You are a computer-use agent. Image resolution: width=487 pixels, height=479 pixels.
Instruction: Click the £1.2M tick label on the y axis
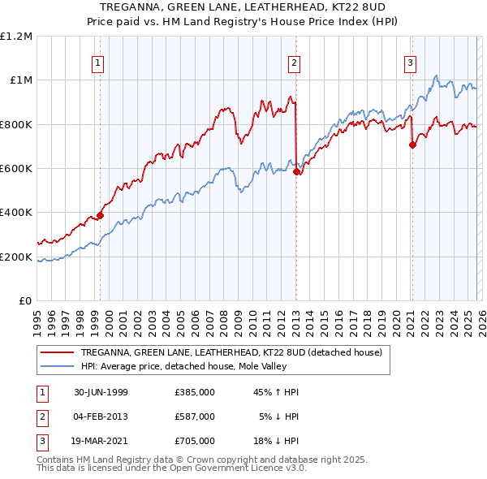click(16, 37)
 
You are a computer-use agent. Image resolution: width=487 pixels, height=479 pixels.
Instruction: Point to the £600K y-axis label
click(16, 169)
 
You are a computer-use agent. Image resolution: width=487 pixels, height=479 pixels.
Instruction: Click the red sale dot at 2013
click(296, 171)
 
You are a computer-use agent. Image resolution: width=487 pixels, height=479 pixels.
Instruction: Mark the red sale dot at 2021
click(412, 145)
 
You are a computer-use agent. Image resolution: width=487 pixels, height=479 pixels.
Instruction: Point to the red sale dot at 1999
click(101, 215)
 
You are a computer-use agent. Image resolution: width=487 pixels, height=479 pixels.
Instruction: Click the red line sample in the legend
click(58, 352)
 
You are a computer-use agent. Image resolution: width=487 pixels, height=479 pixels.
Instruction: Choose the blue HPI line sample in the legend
click(58, 366)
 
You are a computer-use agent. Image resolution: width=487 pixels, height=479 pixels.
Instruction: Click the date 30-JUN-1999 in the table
click(101, 392)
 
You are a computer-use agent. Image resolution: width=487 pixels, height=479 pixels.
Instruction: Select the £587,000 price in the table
click(194, 416)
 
